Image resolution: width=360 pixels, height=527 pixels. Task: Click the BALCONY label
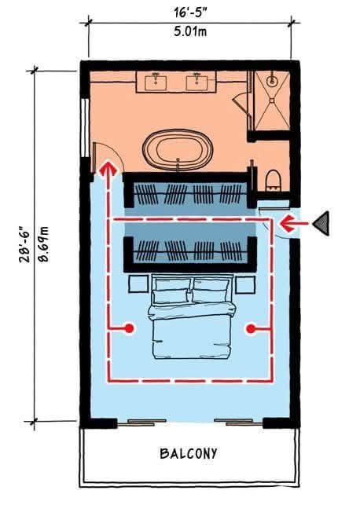pos(189,453)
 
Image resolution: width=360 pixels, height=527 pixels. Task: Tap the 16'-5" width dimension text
pos(189,13)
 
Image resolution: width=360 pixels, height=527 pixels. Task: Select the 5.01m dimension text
pos(190,31)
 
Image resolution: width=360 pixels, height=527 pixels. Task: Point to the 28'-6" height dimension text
pos(25,243)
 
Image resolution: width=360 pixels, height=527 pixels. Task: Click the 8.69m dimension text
pos(43,244)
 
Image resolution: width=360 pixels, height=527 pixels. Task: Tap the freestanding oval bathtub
pos(178,150)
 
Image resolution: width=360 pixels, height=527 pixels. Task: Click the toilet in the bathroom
pos(273,180)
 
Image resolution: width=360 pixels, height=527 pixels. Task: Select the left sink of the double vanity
pos(156,82)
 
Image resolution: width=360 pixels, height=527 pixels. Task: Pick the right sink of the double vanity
pos(197,82)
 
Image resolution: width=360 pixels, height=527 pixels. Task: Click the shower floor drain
pos(272,100)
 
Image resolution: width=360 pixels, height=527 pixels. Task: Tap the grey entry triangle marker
pos(321,223)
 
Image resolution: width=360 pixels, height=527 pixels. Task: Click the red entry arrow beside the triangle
pos(293,223)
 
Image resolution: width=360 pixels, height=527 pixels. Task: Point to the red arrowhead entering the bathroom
pos(108,168)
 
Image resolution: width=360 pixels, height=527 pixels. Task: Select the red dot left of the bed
pos(129,328)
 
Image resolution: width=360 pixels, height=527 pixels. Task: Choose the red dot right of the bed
pos(251,328)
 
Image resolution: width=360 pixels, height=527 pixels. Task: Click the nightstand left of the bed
pos(138,284)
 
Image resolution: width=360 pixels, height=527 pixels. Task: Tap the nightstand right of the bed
pos(245,284)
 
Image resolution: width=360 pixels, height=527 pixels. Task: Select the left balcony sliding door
pos(141,422)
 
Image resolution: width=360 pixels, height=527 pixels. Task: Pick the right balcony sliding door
pos(238,422)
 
